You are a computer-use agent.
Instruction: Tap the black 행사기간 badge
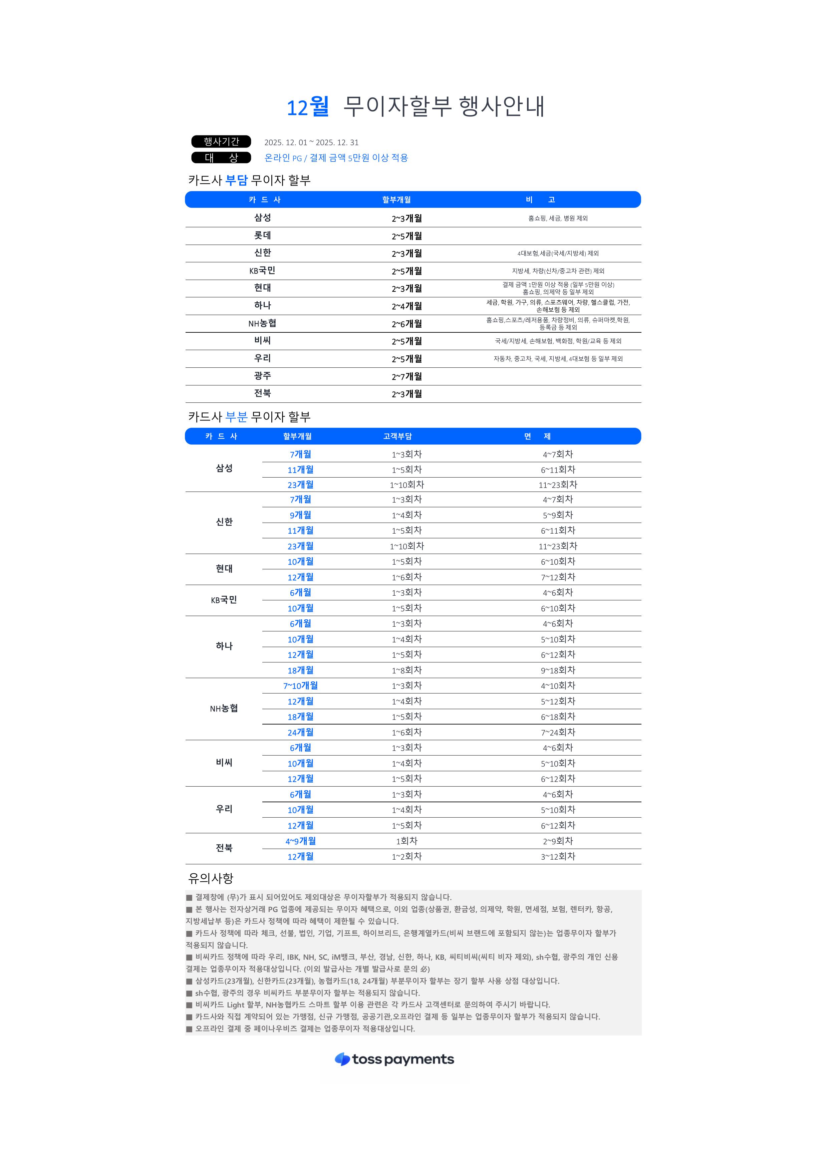point(221,141)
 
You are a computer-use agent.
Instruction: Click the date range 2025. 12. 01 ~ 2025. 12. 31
point(311,142)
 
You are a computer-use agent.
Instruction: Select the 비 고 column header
point(540,200)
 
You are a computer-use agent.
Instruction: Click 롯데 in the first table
point(262,236)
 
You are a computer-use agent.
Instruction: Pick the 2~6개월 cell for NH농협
point(406,324)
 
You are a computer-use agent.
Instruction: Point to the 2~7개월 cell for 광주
point(406,376)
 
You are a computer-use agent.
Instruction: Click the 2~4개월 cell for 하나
point(406,306)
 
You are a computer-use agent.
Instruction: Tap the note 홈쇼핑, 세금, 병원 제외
point(558,218)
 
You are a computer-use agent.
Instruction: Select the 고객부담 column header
point(397,436)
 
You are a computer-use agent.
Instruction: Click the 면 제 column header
point(537,436)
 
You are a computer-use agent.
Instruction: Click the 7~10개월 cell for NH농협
point(300,685)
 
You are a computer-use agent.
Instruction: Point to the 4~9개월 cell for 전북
point(300,841)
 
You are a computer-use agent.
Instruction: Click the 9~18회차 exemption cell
point(558,670)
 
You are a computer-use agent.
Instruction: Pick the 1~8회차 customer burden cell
point(406,670)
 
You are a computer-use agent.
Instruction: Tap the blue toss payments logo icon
point(342,1059)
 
